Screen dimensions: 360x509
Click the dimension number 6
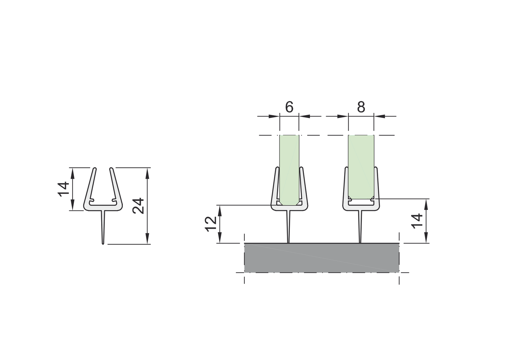click(x=289, y=107)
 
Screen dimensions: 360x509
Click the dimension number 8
click(x=361, y=107)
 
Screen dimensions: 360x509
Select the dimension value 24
click(x=139, y=206)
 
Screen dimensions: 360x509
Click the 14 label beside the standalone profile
click(x=64, y=189)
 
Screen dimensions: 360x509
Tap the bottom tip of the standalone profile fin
click(x=103, y=242)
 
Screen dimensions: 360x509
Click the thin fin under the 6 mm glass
click(x=288, y=226)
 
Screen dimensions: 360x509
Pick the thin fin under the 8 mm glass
click(x=360, y=226)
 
